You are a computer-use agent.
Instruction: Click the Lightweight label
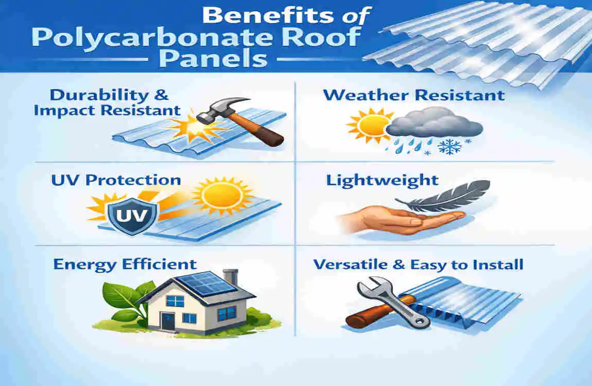pyautogui.click(x=381, y=180)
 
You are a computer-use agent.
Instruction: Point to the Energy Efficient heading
pyautogui.click(x=125, y=265)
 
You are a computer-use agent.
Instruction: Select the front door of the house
pyautogui.click(x=166, y=320)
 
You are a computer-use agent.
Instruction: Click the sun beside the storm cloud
pyautogui.click(x=367, y=126)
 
